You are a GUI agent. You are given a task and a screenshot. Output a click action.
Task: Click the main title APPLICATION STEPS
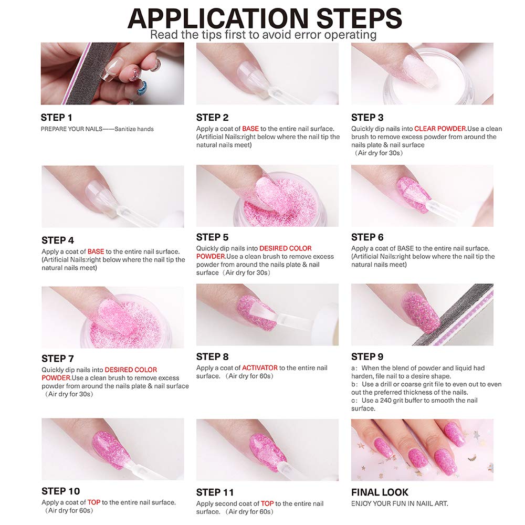[x=265, y=18]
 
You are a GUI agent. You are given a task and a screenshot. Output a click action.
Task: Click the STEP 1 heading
[x=56, y=118]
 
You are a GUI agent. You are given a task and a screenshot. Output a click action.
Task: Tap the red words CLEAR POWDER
[x=440, y=129]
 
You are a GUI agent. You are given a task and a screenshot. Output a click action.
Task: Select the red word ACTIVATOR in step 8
[x=260, y=367]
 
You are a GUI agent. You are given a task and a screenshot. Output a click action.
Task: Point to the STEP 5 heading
[x=212, y=237]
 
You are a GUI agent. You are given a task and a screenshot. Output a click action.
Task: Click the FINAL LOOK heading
[x=380, y=492]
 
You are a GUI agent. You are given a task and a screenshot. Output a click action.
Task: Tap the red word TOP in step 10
[x=94, y=502]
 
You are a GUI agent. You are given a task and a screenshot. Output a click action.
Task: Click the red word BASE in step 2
[x=250, y=129]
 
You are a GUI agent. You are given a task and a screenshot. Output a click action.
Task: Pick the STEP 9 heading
[x=367, y=356]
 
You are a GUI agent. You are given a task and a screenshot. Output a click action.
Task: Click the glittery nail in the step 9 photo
[x=421, y=312]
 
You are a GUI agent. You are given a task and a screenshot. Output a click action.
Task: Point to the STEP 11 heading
[x=215, y=492]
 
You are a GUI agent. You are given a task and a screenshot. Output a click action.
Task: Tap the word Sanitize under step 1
[x=125, y=129]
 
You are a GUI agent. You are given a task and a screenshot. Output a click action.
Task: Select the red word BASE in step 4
[x=96, y=251]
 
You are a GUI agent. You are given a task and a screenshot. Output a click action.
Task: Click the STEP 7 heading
[x=58, y=359]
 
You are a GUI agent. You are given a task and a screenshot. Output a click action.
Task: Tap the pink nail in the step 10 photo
[x=110, y=449]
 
